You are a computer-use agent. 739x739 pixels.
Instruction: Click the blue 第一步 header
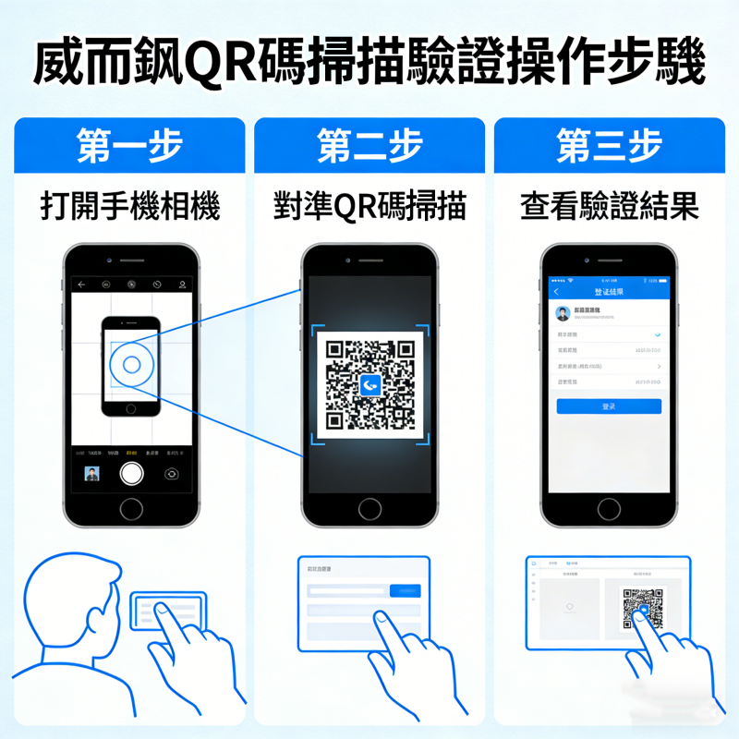pyautogui.click(x=130, y=146)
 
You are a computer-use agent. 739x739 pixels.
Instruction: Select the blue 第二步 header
pyautogui.click(x=369, y=146)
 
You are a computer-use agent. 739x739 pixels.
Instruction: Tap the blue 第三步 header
pyautogui.click(x=609, y=146)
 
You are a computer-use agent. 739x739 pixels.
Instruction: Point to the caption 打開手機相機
pyautogui.click(x=130, y=206)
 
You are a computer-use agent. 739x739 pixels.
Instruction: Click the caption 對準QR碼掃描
pyautogui.click(x=369, y=206)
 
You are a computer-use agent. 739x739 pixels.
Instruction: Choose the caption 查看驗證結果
pyautogui.click(x=609, y=206)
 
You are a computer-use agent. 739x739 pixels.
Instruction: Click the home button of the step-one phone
pyautogui.click(x=131, y=508)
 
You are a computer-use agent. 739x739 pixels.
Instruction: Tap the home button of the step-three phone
pyautogui.click(x=609, y=508)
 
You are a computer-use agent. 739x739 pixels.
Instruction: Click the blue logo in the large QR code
pyautogui.click(x=370, y=384)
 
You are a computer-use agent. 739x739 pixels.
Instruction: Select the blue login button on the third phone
pyautogui.click(x=609, y=406)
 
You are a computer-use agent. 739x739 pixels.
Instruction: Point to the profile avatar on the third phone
pyautogui.click(x=563, y=313)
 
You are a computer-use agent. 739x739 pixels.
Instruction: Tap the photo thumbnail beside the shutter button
pyautogui.click(x=92, y=474)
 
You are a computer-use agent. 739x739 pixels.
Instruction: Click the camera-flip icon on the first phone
pyautogui.click(x=172, y=474)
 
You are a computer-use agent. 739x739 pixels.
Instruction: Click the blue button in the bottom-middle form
pyautogui.click(x=405, y=590)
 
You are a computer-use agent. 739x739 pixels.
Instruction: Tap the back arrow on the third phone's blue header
pyautogui.click(x=556, y=292)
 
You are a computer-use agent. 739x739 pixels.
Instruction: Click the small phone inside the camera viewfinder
pyautogui.click(x=130, y=365)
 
